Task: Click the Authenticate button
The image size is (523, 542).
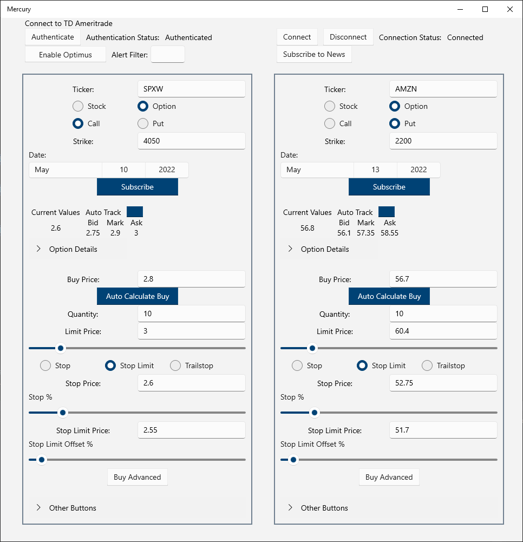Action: (x=53, y=37)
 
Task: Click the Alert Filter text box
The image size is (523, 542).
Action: (x=168, y=54)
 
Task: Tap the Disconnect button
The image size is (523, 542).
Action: (x=348, y=37)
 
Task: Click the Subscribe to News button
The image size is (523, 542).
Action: (x=314, y=54)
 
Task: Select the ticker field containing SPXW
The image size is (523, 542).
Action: (x=191, y=89)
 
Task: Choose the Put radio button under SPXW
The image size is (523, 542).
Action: (x=143, y=123)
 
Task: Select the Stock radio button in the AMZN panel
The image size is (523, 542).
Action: (x=330, y=106)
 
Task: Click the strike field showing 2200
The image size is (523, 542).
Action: (x=442, y=141)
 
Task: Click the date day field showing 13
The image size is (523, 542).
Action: (x=375, y=169)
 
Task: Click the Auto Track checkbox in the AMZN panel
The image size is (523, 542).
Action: (x=387, y=212)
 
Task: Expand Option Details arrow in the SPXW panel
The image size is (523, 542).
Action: (x=38, y=249)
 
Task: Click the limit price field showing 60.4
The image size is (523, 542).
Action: (x=442, y=331)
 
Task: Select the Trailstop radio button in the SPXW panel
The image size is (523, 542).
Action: (x=175, y=365)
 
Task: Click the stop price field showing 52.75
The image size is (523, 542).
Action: (x=442, y=383)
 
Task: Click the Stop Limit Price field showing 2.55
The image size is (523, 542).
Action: (x=191, y=430)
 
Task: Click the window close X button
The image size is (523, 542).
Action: (x=509, y=9)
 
